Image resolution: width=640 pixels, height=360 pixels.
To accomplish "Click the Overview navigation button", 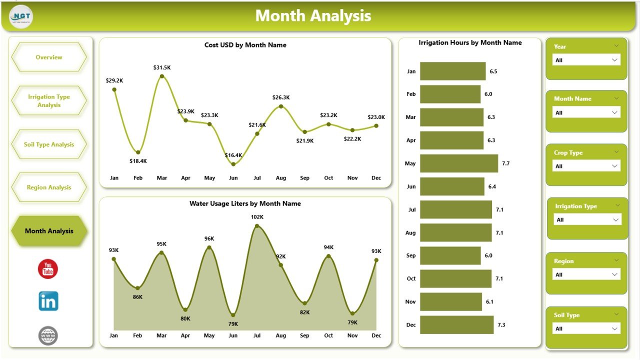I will click(x=49, y=57).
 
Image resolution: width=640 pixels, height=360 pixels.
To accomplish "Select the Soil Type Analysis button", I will click(x=49, y=144).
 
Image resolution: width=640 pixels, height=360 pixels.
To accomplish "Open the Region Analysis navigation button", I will click(x=49, y=187).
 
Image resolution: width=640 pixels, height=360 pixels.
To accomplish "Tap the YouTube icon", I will click(x=48, y=269).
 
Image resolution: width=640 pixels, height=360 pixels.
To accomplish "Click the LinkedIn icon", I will click(x=48, y=301).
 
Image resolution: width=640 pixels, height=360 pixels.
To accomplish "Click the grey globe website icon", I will click(x=48, y=335).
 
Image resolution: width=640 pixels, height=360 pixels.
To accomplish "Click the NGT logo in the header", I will click(x=21, y=16).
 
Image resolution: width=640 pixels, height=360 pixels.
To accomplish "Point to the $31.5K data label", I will click(x=162, y=67).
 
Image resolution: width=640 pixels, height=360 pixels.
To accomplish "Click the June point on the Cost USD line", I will click(x=233, y=164).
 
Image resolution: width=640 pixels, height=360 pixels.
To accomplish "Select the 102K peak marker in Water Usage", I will click(x=257, y=226).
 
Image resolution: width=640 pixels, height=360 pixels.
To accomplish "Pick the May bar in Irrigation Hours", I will click(x=458, y=163).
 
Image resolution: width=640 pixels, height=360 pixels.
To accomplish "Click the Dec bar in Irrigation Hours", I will click(x=456, y=324).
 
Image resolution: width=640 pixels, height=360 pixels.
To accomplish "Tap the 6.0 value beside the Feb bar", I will click(x=488, y=94).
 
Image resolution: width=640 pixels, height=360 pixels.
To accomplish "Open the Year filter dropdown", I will click(x=586, y=60).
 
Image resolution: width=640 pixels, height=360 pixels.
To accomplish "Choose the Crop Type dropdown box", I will click(x=586, y=166).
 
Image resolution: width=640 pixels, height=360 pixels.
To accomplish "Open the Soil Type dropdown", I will click(x=586, y=328).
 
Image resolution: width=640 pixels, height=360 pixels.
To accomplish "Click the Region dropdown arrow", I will click(x=615, y=274).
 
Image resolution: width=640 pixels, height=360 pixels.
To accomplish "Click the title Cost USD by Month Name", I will click(x=245, y=45).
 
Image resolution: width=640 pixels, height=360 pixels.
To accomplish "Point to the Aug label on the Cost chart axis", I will click(x=281, y=178).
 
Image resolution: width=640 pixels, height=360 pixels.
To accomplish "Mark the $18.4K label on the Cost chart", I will click(x=138, y=161).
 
